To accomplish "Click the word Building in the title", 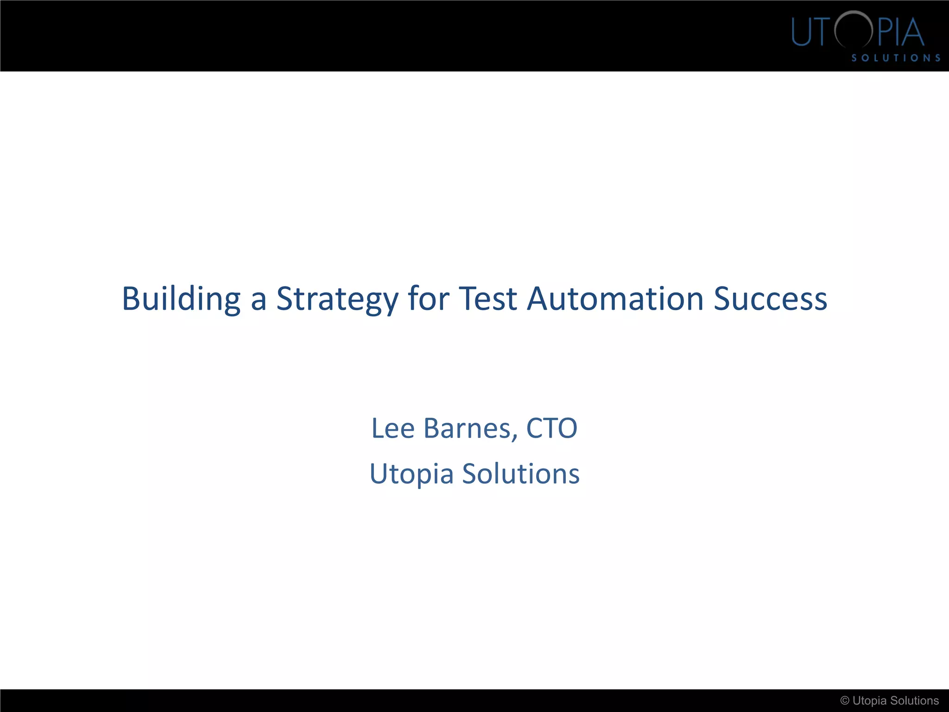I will (x=181, y=299).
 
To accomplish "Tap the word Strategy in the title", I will (x=337, y=299).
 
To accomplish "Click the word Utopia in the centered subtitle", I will (x=411, y=474).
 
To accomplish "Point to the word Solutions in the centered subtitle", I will (x=521, y=474).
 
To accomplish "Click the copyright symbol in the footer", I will (x=845, y=701).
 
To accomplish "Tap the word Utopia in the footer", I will (x=870, y=701).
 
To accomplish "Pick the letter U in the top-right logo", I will (x=801, y=32).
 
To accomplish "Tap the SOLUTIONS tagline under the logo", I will (x=896, y=58).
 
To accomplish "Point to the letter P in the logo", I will (x=885, y=32).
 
